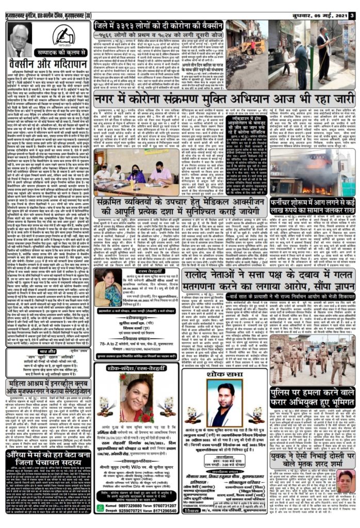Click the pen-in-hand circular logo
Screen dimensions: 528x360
pyautogui.click(x=63, y=36)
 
